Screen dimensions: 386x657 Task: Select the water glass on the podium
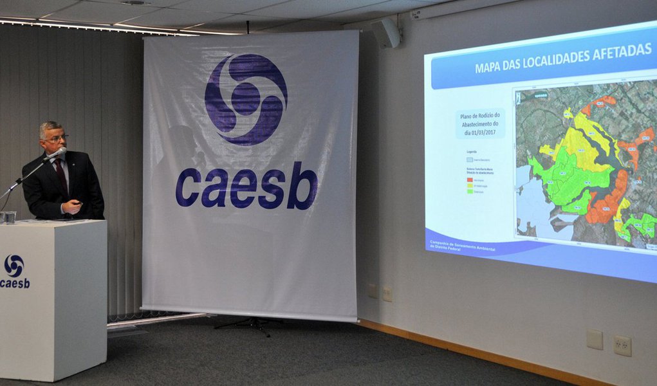(x=9, y=217)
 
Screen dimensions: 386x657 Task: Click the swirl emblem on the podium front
(x=14, y=266)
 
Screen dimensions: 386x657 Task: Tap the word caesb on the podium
(x=14, y=283)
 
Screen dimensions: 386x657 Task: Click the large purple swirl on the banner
(x=246, y=99)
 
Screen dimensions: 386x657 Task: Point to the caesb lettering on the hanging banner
(x=246, y=186)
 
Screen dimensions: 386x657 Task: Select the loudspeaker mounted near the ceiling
(x=387, y=32)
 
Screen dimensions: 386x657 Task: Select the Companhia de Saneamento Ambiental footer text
(x=461, y=245)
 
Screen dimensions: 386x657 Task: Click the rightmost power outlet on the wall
(x=622, y=345)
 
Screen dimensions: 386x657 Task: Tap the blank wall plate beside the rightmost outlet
(x=594, y=339)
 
